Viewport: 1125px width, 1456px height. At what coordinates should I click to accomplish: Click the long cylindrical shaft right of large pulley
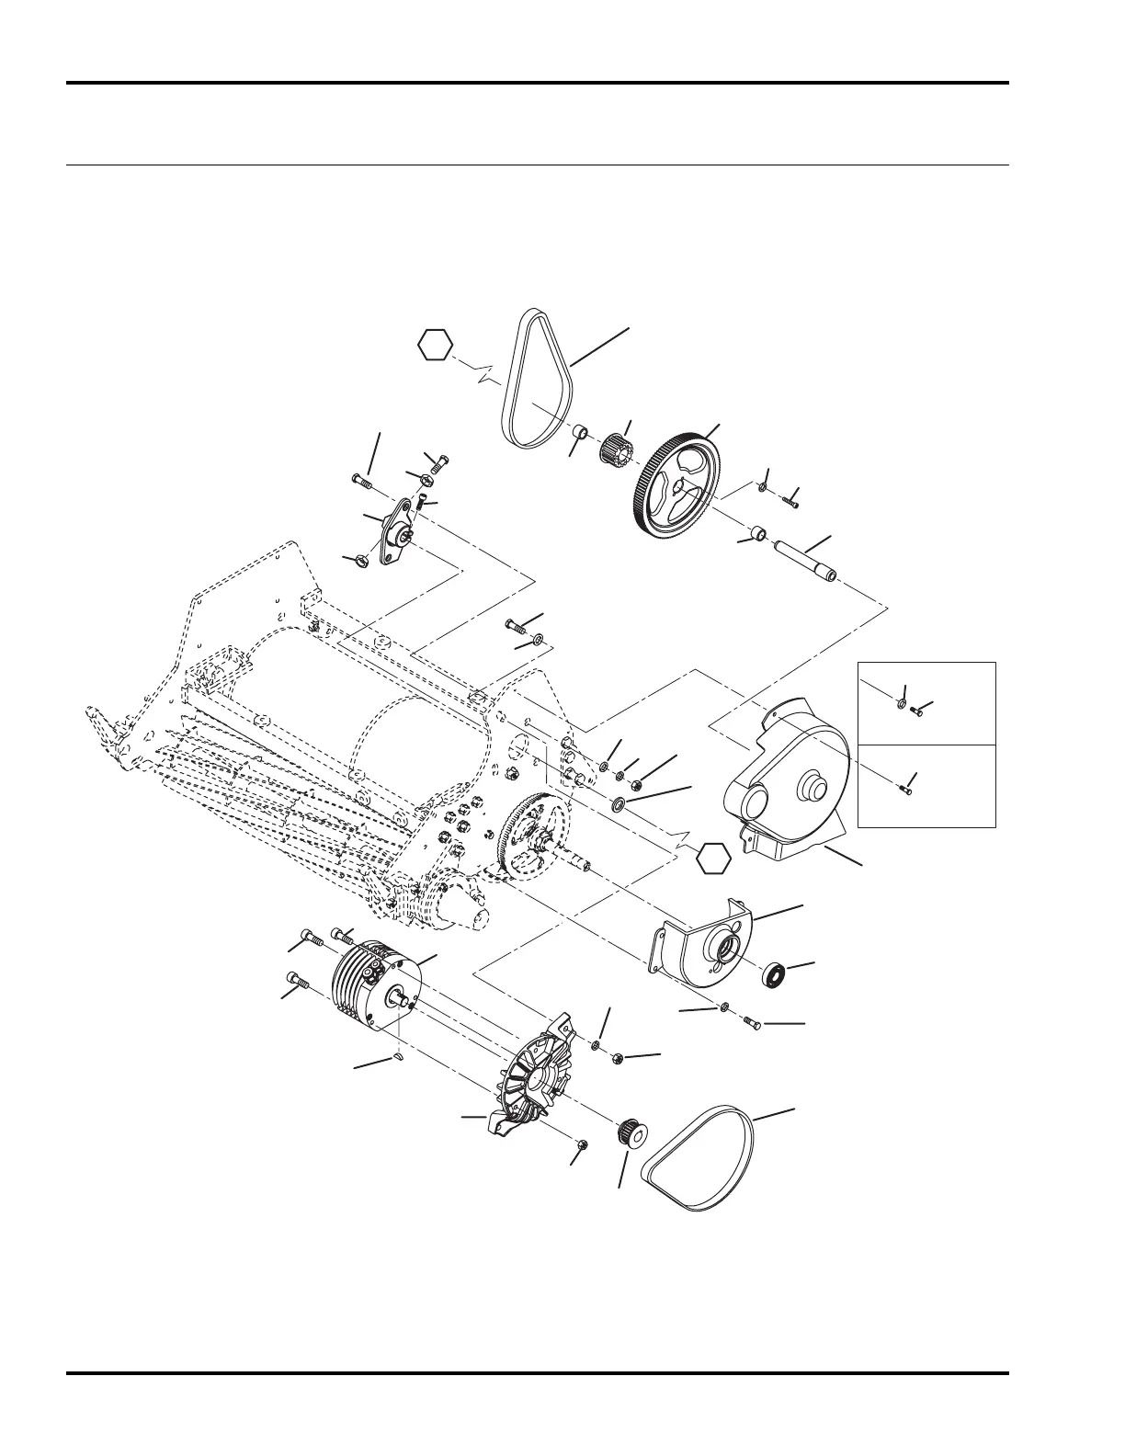(x=805, y=560)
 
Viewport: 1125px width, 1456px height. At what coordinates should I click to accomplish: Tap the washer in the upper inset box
(x=901, y=705)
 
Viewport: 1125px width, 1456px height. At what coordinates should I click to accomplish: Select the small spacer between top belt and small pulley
(x=580, y=432)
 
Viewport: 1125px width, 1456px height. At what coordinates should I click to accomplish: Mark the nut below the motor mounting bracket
(x=585, y=1144)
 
